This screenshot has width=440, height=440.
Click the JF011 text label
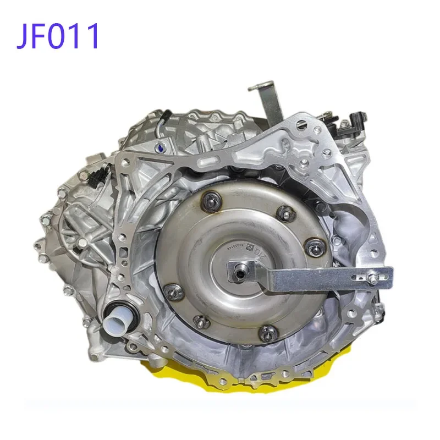point(58,36)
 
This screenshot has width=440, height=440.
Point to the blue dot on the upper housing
point(159,147)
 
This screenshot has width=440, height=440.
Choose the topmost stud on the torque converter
point(211,202)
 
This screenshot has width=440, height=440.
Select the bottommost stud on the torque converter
point(268,332)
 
